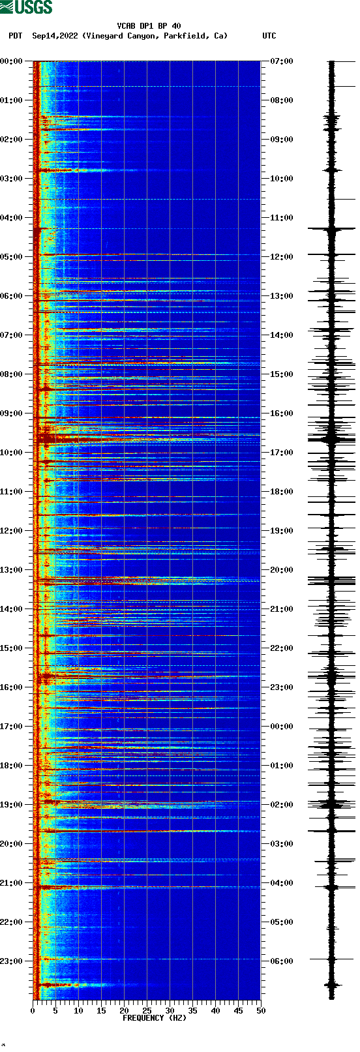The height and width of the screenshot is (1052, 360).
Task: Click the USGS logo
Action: (26, 7)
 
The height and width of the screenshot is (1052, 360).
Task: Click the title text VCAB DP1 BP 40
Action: (149, 26)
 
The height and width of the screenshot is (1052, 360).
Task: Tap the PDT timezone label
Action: (15, 36)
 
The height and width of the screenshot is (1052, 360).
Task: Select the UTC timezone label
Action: (269, 36)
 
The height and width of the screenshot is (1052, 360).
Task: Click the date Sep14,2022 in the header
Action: (55, 36)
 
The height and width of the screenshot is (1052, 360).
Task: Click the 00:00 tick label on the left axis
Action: (11, 61)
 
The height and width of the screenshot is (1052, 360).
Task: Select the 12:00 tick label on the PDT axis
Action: (11, 531)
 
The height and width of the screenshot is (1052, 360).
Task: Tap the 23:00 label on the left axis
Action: (11, 961)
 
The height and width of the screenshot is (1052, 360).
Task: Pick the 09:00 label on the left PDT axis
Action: (11, 413)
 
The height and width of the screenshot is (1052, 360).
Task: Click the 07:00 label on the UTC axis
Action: (282, 61)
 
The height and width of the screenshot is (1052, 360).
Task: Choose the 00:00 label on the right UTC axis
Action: (282, 727)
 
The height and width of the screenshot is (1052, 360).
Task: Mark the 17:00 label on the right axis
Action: (282, 453)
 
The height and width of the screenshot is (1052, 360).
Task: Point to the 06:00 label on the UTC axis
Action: (282, 961)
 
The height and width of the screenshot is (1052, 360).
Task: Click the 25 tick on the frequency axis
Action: (147, 1011)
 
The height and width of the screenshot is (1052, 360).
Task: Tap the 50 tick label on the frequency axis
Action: (261, 1011)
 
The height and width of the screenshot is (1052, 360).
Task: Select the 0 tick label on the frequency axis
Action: (33, 1011)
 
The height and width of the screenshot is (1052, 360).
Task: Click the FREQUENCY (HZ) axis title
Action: (154, 1018)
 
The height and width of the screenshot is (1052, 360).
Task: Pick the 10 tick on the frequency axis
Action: (78, 1011)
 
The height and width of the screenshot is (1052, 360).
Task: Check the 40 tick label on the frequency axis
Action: (215, 1011)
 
